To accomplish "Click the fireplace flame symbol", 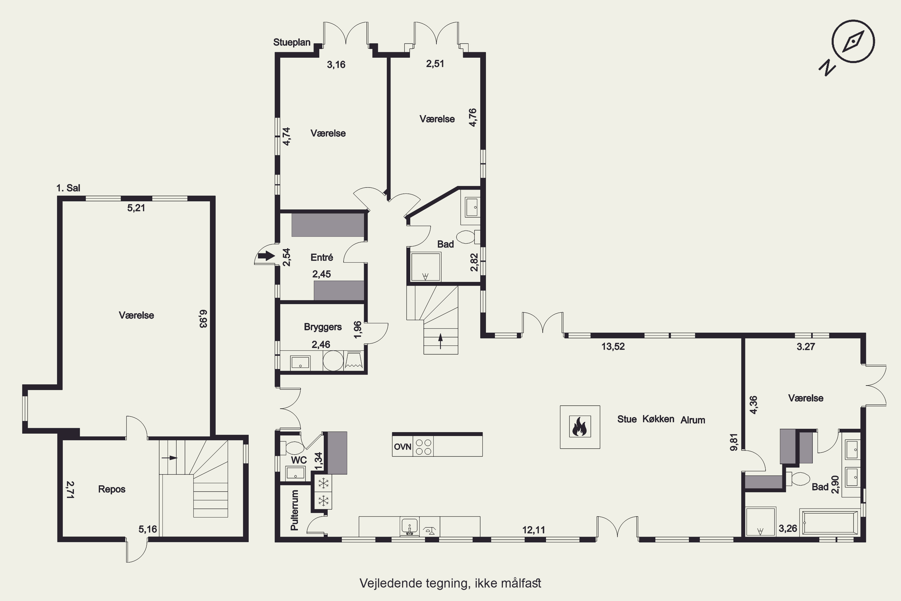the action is pyautogui.click(x=580, y=427).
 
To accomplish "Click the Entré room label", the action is pyautogui.click(x=322, y=257).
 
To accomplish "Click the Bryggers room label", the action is pyautogui.click(x=323, y=327).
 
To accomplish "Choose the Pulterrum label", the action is pyautogui.click(x=294, y=510).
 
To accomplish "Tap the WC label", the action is pyautogui.click(x=299, y=460).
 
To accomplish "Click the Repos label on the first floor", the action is pyautogui.click(x=112, y=489).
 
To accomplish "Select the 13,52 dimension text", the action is pyautogui.click(x=613, y=346).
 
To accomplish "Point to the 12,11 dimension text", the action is pyautogui.click(x=534, y=530).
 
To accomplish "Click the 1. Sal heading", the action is pyautogui.click(x=68, y=188).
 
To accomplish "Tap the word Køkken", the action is pyautogui.click(x=658, y=419).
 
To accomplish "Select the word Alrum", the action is pyautogui.click(x=693, y=420).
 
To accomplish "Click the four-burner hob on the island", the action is pyautogui.click(x=423, y=447).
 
